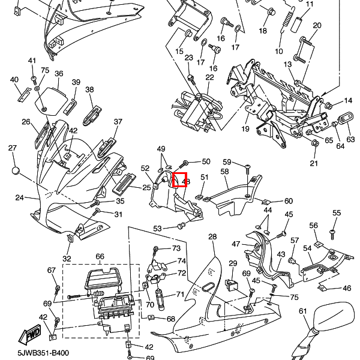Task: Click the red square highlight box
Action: pos(180,179)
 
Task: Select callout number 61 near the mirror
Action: pos(303,311)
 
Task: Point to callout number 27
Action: pos(13,148)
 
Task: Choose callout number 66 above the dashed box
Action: pos(100,257)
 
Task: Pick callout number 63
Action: pos(351,139)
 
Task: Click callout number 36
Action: pos(59,74)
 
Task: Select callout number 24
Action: pos(19,197)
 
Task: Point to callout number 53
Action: pos(157,229)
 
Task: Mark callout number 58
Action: pos(225,172)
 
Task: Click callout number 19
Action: pos(245,129)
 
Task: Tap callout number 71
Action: pos(179,295)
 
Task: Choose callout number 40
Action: pos(14,80)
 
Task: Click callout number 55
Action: pos(337,213)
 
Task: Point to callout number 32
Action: pos(67,259)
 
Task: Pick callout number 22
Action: pos(209,77)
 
